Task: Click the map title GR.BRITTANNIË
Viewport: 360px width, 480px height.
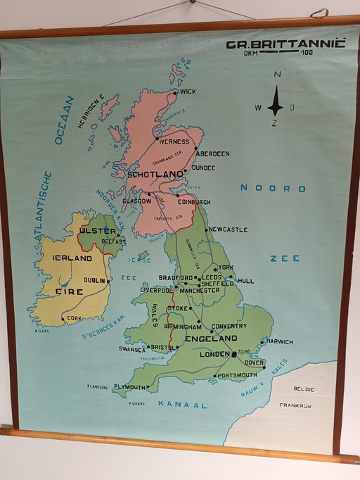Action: [285, 44]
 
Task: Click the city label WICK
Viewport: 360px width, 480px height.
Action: [188, 91]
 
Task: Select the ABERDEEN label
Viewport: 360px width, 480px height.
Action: [212, 153]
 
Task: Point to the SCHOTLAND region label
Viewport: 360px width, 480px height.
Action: [155, 175]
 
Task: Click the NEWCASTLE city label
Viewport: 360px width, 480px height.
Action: [229, 229]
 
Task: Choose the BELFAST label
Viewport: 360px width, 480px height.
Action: [113, 241]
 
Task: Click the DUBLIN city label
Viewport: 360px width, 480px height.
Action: [94, 279]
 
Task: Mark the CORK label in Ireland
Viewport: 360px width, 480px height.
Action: [74, 318]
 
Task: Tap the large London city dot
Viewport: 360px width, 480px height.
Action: [234, 354]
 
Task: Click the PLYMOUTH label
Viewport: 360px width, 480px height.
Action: [129, 387]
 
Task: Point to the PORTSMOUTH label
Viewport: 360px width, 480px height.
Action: [237, 376]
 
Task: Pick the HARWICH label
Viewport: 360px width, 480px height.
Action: [279, 341]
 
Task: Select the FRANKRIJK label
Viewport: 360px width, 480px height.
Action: [295, 405]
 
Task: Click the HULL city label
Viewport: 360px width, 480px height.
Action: [245, 281]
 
